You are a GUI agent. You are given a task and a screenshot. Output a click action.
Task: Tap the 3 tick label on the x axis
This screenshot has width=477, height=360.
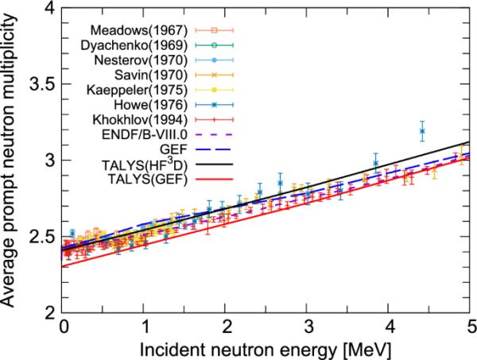point(308,326)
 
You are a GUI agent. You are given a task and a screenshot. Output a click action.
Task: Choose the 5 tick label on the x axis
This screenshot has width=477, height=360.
point(471,326)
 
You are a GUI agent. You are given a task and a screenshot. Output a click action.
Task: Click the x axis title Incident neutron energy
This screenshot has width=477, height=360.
point(266,347)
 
